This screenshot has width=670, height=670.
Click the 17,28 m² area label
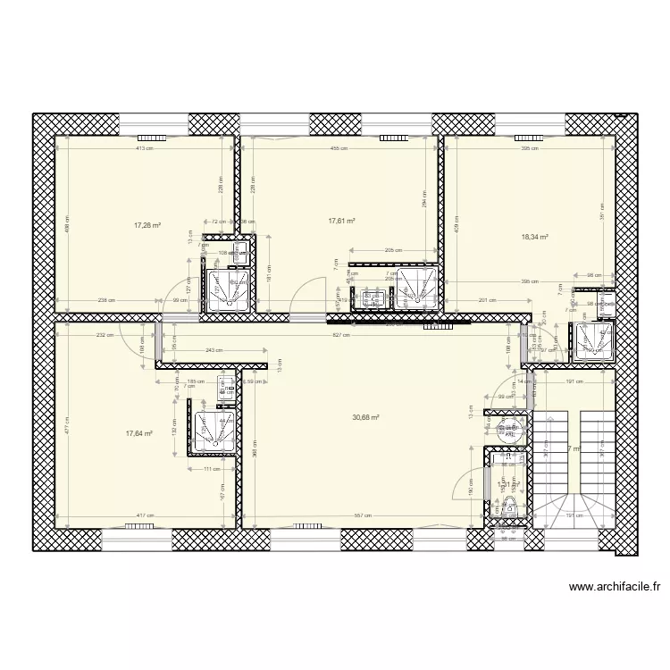(x=147, y=226)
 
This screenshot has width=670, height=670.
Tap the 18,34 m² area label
(x=534, y=238)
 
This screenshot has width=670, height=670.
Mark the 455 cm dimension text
(x=338, y=149)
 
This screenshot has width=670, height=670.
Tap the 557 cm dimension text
(x=361, y=516)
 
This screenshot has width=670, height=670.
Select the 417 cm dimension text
(x=144, y=516)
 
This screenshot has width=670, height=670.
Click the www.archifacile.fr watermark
(x=615, y=588)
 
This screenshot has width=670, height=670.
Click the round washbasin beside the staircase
(x=511, y=431)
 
